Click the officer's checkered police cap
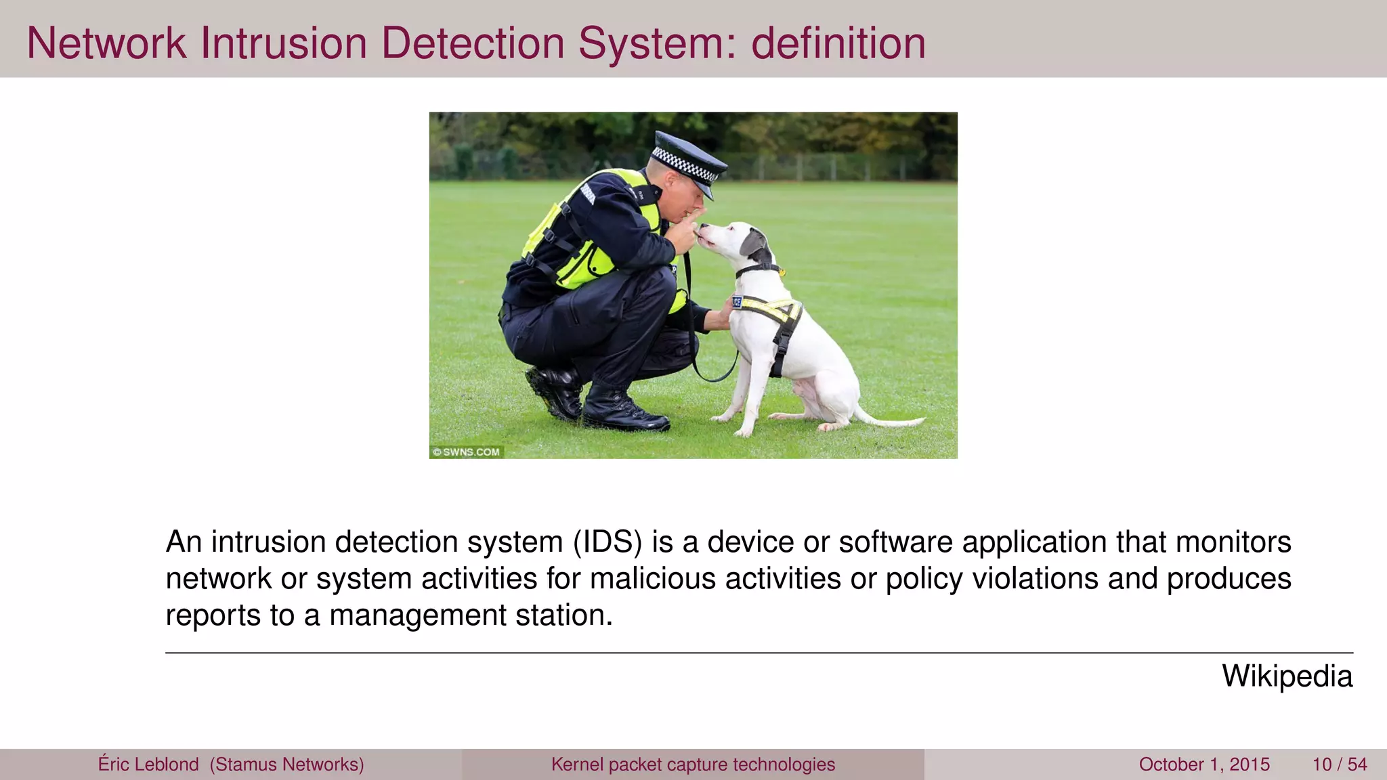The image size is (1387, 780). [x=687, y=158]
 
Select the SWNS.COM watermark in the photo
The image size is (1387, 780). [x=467, y=452]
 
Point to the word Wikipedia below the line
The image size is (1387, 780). [x=1287, y=676]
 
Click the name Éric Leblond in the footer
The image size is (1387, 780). [x=148, y=764]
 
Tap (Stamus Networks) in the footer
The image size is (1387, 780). [x=287, y=764]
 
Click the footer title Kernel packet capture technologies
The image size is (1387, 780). [x=693, y=764]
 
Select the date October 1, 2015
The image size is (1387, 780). [x=1204, y=764]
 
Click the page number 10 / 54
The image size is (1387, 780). [x=1339, y=764]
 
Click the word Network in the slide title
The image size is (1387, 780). [x=106, y=43]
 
